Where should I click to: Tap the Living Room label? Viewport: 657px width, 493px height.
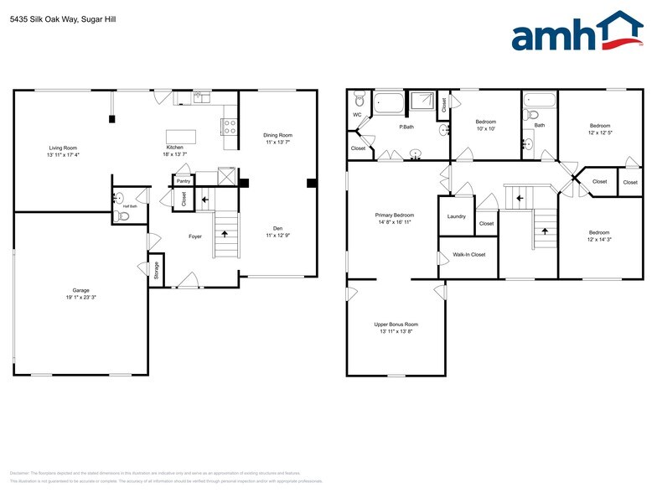(63, 148)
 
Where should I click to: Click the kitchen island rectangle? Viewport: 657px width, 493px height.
(180, 137)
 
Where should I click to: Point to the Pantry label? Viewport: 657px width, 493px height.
(183, 180)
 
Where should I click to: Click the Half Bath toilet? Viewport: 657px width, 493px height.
(123, 215)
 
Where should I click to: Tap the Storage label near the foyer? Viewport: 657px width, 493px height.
(157, 269)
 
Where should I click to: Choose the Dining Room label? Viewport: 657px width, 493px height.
(277, 135)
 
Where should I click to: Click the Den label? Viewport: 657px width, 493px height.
(277, 227)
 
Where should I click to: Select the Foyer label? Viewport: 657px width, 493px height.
(194, 236)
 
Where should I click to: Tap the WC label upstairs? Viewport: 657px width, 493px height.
(357, 114)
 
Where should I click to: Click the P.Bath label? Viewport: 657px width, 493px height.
(406, 127)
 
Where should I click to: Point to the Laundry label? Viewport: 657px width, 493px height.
(456, 216)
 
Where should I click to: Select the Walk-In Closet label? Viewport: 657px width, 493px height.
(468, 254)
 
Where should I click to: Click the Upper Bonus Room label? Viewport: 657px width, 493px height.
(396, 324)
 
